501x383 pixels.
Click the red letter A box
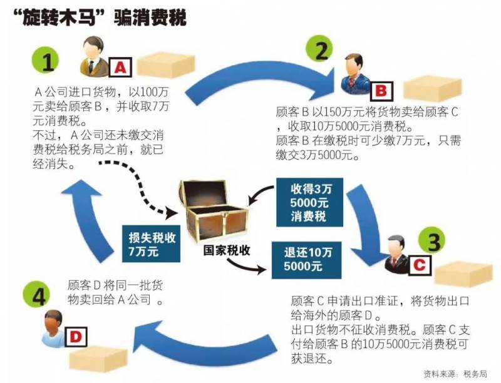(120, 66)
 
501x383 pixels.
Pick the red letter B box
(380, 90)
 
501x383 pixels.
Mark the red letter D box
(75, 337)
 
